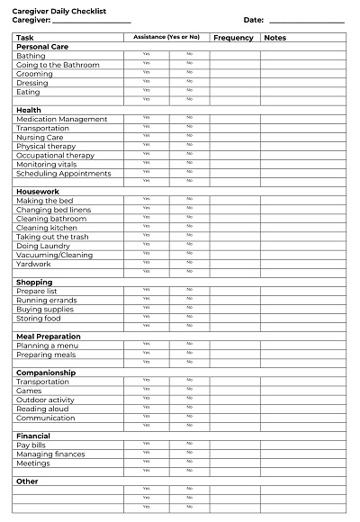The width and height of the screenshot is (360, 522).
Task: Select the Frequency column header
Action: point(234,38)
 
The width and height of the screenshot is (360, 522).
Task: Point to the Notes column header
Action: point(274,38)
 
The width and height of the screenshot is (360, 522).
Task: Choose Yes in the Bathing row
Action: point(146,56)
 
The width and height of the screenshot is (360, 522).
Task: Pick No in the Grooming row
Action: point(189,74)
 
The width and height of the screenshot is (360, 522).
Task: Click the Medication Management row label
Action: point(61,120)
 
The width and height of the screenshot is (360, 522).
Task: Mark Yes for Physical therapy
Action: point(146,147)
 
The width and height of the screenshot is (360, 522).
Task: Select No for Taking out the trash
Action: point(189,237)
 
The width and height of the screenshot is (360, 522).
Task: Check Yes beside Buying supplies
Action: point(146,310)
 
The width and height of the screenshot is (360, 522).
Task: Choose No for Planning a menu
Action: point(189,346)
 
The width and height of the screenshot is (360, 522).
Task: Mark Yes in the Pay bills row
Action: point(146,445)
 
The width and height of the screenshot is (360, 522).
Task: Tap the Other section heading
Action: point(28,481)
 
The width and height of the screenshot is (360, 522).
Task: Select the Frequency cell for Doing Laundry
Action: point(234,246)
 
